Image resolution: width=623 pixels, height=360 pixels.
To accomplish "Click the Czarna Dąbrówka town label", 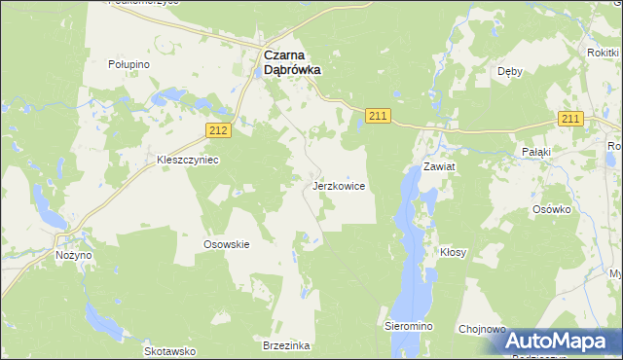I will pos(293,63).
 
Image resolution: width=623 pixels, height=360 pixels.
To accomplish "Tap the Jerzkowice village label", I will pos(339,185).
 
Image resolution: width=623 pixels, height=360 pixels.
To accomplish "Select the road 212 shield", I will pos(219,129).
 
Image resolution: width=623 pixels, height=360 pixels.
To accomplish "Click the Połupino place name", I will pos(128,63).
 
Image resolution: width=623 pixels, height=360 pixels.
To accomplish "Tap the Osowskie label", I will pos(227,244).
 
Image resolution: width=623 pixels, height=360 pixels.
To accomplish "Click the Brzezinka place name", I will pos(285,345).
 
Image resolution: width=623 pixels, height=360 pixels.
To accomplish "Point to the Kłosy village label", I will pos(453,252).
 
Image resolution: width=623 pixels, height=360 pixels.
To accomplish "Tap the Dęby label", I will pos(510,71).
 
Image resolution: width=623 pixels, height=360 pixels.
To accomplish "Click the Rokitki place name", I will pos(604,54).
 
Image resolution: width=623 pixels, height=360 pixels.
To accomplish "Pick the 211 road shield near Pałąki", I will pos(570,119).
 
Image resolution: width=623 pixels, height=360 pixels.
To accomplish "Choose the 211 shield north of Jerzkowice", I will pos(379,117).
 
